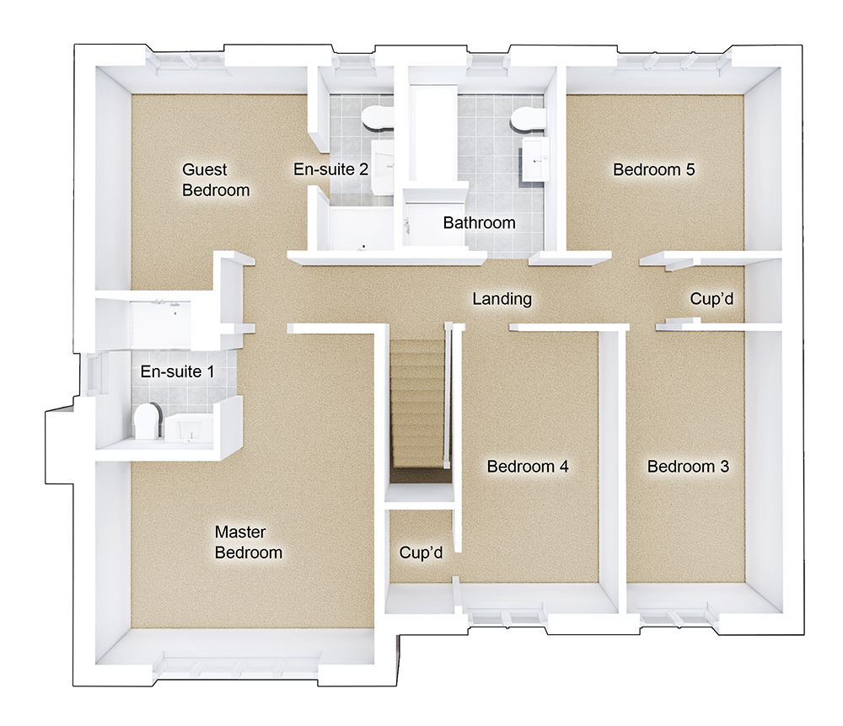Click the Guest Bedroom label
click(216, 179)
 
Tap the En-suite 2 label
click(330, 168)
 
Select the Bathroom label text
click(479, 223)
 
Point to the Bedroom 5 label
click(653, 169)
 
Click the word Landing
click(502, 298)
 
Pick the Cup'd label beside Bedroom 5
click(717, 298)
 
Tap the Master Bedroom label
click(248, 542)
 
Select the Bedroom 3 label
click(688, 466)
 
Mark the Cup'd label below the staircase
click(421, 553)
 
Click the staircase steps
click(416, 404)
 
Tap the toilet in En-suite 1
click(148, 420)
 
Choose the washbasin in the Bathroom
click(536, 160)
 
